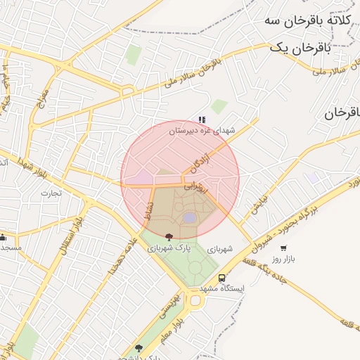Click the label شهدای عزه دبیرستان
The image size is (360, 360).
point(205,130)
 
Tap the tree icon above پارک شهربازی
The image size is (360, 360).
point(168,237)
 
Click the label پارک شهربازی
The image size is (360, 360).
point(169,248)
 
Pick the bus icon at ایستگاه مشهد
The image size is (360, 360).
point(222,278)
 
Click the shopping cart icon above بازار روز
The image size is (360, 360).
point(283,247)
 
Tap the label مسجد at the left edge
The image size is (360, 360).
point(10,247)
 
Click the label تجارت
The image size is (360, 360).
point(51,193)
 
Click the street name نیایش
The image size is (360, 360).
point(259,204)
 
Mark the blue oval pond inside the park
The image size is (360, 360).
point(189,218)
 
